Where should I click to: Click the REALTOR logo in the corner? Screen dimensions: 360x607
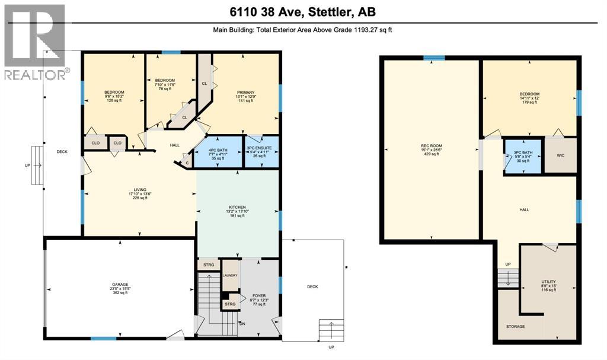pyautogui.click(x=34, y=42)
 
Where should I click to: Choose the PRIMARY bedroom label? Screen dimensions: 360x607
pyautogui.click(x=245, y=93)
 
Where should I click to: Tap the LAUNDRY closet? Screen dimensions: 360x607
pyautogui.click(x=230, y=276)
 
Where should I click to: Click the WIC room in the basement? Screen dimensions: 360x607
pyautogui.click(x=560, y=156)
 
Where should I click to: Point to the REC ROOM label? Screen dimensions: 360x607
pyautogui.click(x=432, y=145)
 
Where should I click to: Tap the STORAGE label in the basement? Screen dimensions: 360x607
pyautogui.click(x=515, y=327)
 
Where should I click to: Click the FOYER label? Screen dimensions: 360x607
pyautogui.click(x=259, y=295)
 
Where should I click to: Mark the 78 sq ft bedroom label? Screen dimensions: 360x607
pyautogui.click(x=165, y=80)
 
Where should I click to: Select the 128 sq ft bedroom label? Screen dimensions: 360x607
pyautogui.click(x=114, y=92)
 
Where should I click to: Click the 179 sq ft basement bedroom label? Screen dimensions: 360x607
pyautogui.click(x=529, y=94)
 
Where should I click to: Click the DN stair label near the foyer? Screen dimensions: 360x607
pyautogui.click(x=242, y=323)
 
